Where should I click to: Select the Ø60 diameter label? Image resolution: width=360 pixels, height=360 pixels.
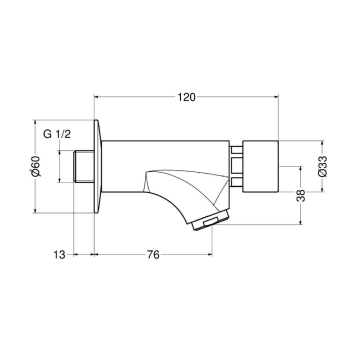tap(36, 168)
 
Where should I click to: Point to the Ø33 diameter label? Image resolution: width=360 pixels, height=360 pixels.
tap(322, 168)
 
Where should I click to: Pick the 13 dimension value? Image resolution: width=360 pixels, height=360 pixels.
tap(59, 256)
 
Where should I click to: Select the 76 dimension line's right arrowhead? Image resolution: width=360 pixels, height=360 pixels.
tap(207, 256)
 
